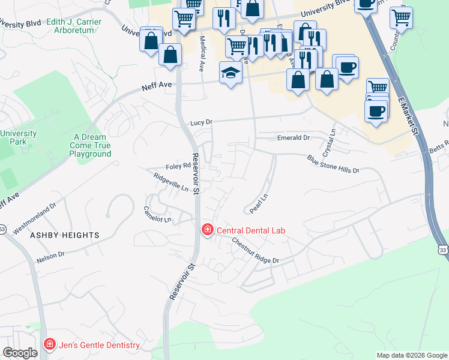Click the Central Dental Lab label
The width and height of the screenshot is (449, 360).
pos(250,230)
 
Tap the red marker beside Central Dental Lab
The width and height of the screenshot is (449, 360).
pos(207,230)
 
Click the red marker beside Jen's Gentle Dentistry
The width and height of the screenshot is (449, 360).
pos(49,344)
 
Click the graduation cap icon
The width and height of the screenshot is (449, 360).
pos(231,73)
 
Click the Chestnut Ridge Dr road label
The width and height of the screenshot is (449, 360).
pos(256,251)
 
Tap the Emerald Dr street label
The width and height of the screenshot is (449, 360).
pos(293,137)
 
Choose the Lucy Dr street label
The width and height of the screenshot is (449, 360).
pos(201,122)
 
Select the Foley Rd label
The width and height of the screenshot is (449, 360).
pos(178,167)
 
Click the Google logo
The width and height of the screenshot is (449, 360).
pos(20,353)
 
